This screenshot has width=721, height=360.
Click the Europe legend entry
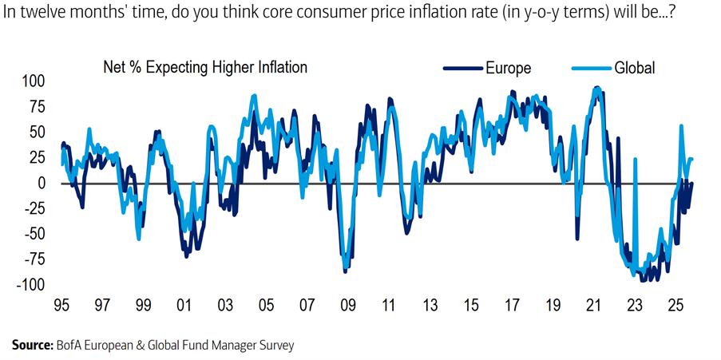[x=508, y=68]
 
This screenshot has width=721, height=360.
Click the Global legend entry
[x=634, y=68]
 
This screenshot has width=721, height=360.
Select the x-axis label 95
[x=61, y=306]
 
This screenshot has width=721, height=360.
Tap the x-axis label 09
[x=347, y=306]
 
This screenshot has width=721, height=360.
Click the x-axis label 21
[x=592, y=306]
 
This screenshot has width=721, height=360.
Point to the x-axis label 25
[x=675, y=306]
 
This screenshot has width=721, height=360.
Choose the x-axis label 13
[x=429, y=306]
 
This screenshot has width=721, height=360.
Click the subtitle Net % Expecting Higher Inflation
[x=205, y=68]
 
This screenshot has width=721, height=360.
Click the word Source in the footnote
[x=31, y=345]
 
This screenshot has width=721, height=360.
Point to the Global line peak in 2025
[x=681, y=126]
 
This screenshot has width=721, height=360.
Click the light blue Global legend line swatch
[x=591, y=69]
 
